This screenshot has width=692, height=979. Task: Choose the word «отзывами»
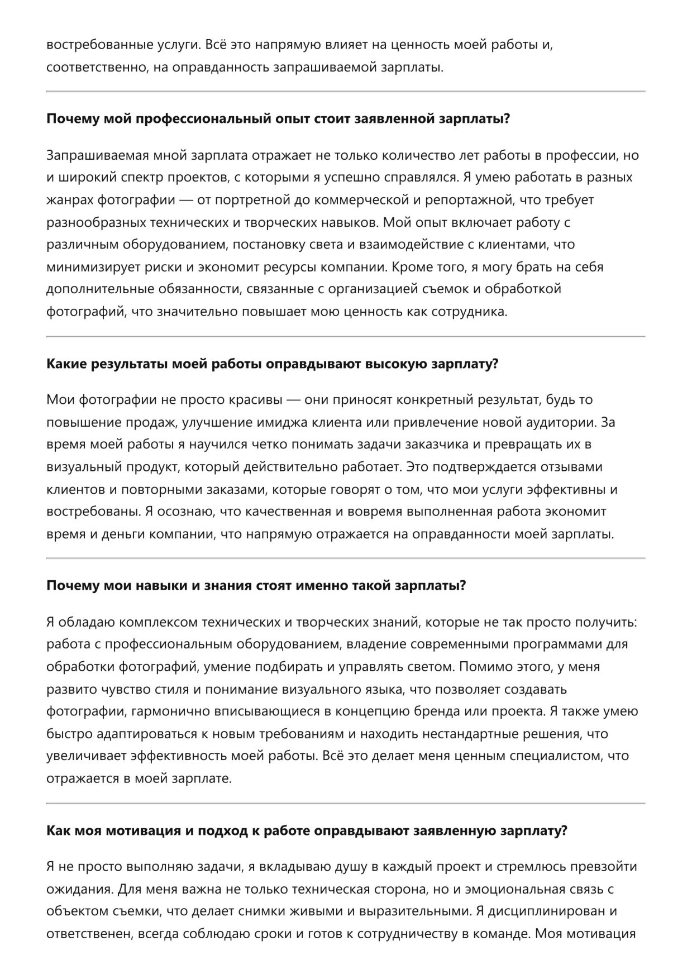(x=573, y=467)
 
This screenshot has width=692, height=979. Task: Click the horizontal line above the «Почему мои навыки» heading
(x=346, y=558)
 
